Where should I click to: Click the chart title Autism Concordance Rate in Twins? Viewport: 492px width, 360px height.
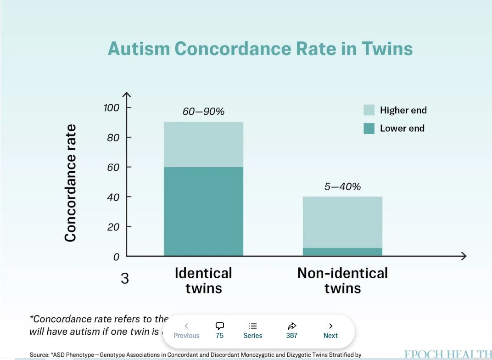[260, 49]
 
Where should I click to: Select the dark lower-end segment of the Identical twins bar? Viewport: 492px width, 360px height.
[203, 211]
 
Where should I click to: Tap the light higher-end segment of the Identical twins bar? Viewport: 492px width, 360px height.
[203, 144]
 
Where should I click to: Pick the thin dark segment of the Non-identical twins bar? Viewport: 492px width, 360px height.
[342, 252]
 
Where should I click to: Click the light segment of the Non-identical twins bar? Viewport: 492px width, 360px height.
[342, 222]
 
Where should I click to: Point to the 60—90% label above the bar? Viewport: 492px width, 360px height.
[203, 111]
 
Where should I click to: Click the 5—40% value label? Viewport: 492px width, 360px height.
[342, 186]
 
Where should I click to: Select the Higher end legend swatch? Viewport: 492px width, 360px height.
[369, 110]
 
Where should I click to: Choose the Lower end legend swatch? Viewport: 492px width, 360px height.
[369, 129]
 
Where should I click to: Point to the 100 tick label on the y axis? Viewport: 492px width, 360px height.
[111, 108]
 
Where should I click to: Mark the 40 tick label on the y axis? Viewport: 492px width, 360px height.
[113, 197]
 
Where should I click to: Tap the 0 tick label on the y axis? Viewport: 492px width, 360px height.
[116, 257]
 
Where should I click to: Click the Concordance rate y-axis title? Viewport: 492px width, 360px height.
[70, 183]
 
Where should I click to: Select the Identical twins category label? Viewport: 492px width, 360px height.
[203, 281]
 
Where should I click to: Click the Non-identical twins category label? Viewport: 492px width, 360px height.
[342, 281]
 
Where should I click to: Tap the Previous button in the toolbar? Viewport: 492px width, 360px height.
[186, 331]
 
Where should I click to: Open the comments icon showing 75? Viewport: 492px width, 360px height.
[219, 326]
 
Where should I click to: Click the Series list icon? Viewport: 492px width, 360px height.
[253, 326]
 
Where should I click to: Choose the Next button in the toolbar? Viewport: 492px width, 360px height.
[330, 331]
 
